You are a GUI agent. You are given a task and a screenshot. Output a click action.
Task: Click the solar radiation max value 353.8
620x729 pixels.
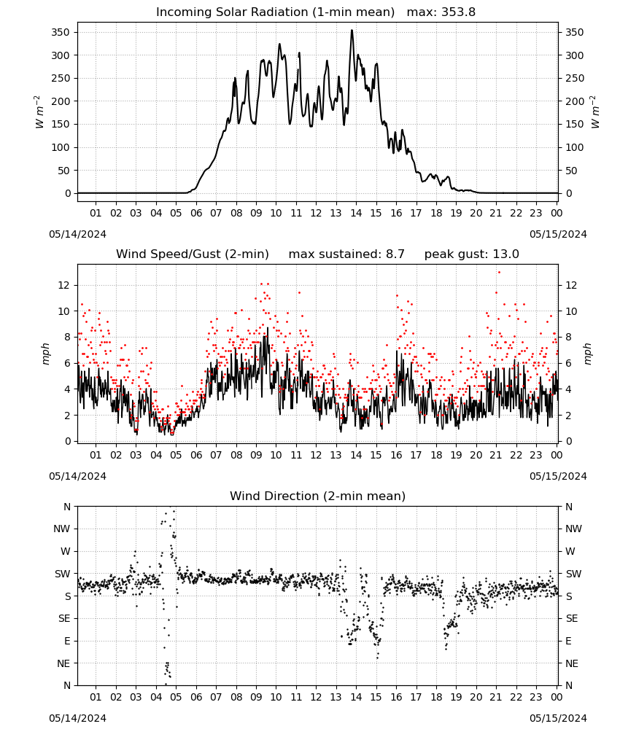tap(458, 12)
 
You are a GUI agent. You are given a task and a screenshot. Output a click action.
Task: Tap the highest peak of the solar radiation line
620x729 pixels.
tap(352, 30)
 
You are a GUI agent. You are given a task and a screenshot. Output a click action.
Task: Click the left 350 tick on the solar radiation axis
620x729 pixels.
tap(61, 33)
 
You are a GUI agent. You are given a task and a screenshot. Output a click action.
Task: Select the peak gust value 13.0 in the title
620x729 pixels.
tap(505, 254)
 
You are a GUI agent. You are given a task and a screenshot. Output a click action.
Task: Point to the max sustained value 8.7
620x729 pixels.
tap(395, 254)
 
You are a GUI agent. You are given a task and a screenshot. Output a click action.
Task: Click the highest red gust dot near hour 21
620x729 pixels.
tap(499, 273)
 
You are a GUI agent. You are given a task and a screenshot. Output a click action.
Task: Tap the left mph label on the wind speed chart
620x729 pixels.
tap(45, 354)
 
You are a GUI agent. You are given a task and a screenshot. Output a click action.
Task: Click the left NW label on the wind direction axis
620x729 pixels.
tap(62, 529)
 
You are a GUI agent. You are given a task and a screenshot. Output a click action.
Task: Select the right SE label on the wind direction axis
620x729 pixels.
tap(572, 619)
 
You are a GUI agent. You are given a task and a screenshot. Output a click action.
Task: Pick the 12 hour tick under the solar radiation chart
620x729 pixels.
tap(316, 214)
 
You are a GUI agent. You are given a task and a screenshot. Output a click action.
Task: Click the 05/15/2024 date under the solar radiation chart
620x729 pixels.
tap(558, 234)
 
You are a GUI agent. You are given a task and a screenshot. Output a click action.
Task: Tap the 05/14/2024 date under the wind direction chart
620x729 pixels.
tap(77, 718)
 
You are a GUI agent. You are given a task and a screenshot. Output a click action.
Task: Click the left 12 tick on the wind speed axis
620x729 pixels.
tap(64, 286)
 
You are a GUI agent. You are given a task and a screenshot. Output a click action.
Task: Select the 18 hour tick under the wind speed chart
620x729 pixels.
tap(436, 455)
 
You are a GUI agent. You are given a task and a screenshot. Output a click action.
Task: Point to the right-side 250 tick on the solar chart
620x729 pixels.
tap(575, 79)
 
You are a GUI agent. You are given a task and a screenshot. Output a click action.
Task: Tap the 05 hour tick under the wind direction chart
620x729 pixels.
tap(176, 698)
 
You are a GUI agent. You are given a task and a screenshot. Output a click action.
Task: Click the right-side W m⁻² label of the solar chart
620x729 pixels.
tap(595, 112)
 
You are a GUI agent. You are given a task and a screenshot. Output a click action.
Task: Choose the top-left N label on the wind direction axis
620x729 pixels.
tap(67, 507)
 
